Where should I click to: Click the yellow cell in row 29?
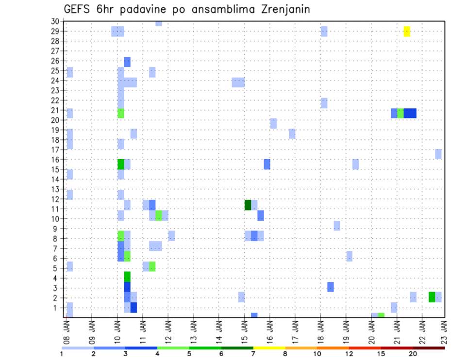pos(407,31)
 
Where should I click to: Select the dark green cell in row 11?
pos(248,205)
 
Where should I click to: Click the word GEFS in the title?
pos(77,10)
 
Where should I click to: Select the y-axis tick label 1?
pos(57,308)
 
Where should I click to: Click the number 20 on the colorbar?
pos(413,354)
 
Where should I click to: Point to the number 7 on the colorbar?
pos(253,354)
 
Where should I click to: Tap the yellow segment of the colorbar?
pos(269,348)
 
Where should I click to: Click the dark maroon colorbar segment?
pos(429,348)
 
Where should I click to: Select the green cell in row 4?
pos(127,277)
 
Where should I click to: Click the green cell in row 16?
pos(121,164)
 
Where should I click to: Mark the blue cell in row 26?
pos(127,62)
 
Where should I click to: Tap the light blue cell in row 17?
pos(438,154)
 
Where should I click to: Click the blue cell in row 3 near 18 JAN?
pos(331,287)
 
